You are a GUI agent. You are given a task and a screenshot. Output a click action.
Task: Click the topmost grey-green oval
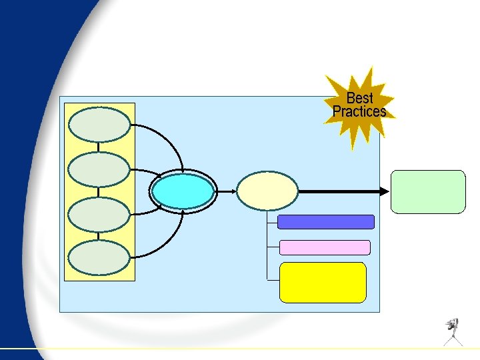pos(100,125)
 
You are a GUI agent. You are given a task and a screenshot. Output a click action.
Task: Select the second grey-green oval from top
pos(100,169)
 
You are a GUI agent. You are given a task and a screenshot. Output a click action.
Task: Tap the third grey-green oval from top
pos(100,214)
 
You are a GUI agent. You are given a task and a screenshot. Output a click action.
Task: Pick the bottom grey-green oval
pos(100,257)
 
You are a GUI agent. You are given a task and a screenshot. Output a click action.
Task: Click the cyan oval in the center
pos(183,191)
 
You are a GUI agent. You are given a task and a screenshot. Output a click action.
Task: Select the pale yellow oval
pos(267,191)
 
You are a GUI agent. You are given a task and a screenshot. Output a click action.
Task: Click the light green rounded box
pos(427,191)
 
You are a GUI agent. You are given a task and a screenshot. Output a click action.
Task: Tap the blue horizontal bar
pos(325,222)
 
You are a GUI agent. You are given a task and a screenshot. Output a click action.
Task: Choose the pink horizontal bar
pos(325,247)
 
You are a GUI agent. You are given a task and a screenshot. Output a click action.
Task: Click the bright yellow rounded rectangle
pos(323,282)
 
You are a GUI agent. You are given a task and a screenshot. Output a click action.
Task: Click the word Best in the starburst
pos(359,99)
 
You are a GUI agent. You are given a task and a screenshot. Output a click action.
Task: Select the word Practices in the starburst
pos(359,112)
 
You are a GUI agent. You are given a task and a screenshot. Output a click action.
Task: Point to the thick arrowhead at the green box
pos(385,191)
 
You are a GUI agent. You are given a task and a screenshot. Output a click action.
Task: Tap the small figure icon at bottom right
pos(454,331)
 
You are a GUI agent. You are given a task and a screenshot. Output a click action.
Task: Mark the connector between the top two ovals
pos(100,147)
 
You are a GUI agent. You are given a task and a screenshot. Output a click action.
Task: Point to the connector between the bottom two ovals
pos(100,236)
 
